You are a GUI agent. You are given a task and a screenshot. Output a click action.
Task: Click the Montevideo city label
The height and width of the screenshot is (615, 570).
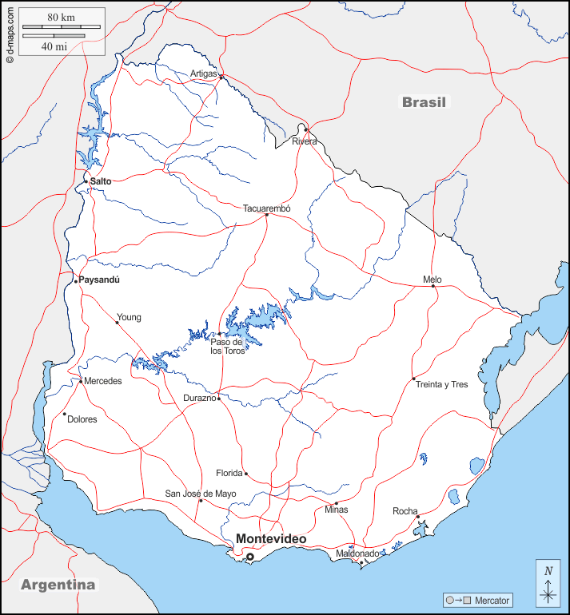pyautogui.click(x=270, y=540)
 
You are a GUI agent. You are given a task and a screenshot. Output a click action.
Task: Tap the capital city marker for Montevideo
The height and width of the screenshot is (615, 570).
pyautogui.click(x=249, y=557)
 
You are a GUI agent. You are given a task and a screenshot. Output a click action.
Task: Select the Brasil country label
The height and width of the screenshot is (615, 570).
pyautogui.click(x=425, y=102)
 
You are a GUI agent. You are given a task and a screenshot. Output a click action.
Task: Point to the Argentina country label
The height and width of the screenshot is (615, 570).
pyautogui.click(x=58, y=585)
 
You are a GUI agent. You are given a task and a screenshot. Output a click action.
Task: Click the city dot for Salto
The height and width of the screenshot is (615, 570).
pyautogui.click(x=86, y=181)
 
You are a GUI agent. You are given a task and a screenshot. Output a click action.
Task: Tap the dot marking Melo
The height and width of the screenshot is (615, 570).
pyautogui.click(x=434, y=286)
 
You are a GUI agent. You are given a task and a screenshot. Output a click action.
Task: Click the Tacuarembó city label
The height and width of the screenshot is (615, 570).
pyautogui.click(x=267, y=208)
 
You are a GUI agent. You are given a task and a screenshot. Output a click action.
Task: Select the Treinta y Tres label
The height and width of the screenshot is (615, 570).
pyautogui.click(x=441, y=384)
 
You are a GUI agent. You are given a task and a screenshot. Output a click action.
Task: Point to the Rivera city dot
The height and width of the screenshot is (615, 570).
pyautogui.click(x=305, y=129)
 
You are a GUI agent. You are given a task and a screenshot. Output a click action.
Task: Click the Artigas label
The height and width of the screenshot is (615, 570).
pyautogui.click(x=204, y=73)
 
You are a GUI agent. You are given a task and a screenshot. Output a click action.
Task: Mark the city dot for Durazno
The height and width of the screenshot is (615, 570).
pyautogui.click(x=218, y=397)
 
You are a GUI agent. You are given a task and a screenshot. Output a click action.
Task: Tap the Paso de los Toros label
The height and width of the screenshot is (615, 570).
pyautogui.click(x=227, y=346)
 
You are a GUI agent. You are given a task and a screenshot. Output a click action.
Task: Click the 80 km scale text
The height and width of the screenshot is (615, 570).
pyautogui.click(x=61, y=18)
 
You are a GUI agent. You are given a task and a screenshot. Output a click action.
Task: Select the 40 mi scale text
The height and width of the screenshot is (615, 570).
pyautogui.click(x=54, y=46)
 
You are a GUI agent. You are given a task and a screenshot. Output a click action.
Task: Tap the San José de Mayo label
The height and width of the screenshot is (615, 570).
pyautogui.click(x=201, y=494)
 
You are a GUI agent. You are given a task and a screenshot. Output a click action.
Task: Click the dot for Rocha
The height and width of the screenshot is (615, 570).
pyautogui.click(x=417, y=517)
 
